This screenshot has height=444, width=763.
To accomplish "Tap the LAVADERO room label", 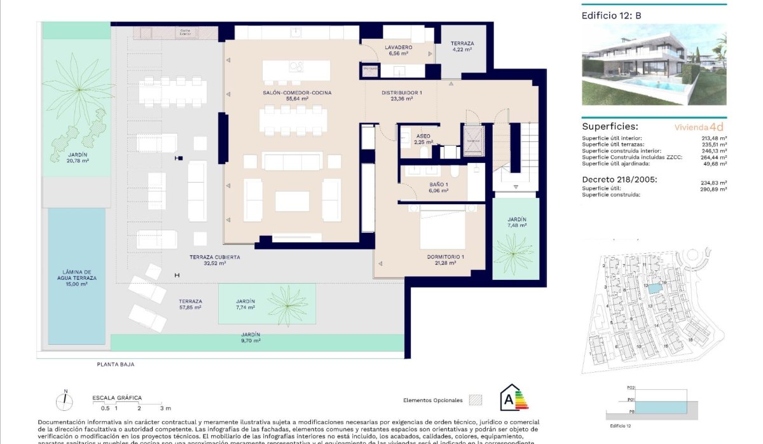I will pyautogui.click(x=399, y=48).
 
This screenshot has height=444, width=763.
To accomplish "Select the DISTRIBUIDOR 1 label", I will pyautogui.click(x=402, y=93).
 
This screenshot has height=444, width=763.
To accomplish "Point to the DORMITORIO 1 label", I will pyautogui.click(x=445, y=257).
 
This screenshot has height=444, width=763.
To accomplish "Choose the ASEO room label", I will pyautogui.click(x=423, y=136).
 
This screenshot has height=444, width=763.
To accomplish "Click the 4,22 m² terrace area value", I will pyautogui.click(x=462, y=49).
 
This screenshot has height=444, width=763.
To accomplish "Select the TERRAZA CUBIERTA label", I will pyautogui.click(x=214, y=257).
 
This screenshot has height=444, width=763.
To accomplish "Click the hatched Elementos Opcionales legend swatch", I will pyautogui.click(x=475, y=400).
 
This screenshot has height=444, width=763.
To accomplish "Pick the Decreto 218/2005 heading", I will pyautogui.click(x=619, y=179).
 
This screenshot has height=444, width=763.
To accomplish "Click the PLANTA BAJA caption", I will pyautogui.click(x=111, y=364).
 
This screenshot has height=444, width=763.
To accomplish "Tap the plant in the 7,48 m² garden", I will pyautogui.click(x=514, y=253).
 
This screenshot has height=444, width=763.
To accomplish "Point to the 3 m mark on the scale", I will pyautogui.click(x=166, y=408).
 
